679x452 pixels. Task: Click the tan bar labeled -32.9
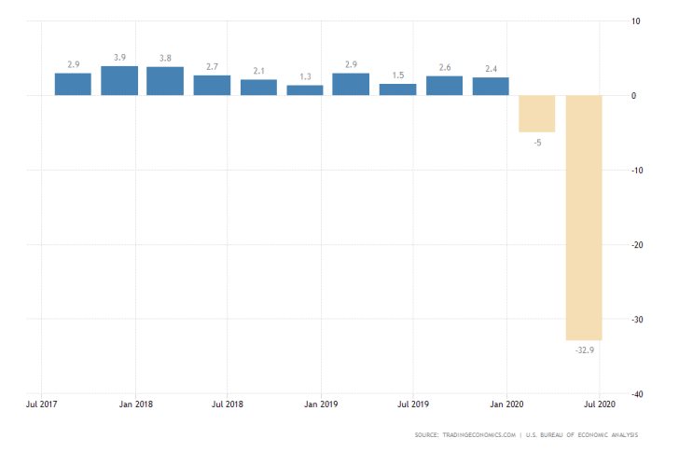point(584,217)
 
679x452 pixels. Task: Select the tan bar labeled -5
point(537,114)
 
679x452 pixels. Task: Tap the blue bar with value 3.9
point(119,80)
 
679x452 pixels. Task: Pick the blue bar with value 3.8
point(165,81)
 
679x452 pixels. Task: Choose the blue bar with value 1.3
point(305,90)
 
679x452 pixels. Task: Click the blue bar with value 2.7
point(212,85)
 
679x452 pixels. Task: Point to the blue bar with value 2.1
point(258,87)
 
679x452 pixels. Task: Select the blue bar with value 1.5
point(397,89)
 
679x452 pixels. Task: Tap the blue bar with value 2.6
point(444,85)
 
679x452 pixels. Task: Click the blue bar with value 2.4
point(491,86)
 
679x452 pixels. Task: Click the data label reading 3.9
point(119,58)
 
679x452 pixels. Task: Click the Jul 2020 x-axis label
point(599,405)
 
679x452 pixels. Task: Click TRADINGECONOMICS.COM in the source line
point(480,435)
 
